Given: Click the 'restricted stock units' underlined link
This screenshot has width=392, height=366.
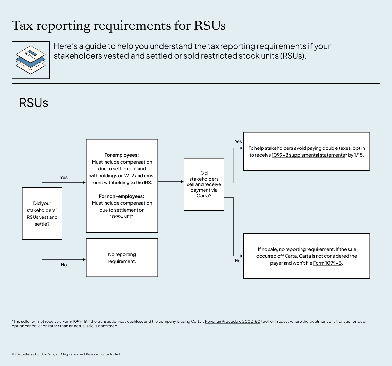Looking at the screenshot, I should click(x=239, y=56).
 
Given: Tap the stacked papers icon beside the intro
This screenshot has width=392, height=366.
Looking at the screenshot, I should click(x=31, y=60).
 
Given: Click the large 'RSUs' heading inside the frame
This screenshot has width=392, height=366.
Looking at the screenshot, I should click(x=34, y=103).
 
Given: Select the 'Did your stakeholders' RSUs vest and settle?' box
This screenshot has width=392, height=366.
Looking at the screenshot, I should click(x=42, y=214).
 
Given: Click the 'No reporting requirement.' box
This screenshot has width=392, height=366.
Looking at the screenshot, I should click(x=122, y=258).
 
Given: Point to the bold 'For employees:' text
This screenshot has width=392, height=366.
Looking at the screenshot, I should click(x=122, y=155).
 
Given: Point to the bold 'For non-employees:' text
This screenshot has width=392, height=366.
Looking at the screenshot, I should click(x=122, y=196).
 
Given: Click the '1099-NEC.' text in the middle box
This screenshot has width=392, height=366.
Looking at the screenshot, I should click(x=122, y=217).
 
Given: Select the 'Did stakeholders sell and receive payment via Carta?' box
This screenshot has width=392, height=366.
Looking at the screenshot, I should click(x=204, y=184).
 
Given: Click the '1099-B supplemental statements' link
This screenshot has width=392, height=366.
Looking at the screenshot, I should click(x=308, y=155).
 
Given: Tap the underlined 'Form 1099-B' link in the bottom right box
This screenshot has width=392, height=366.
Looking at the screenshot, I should click(x=327, y=263).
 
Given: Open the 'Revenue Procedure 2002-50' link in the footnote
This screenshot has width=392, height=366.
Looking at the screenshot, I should click(x=233, y=322).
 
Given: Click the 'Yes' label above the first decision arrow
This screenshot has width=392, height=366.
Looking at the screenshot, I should click(x=64, y=177).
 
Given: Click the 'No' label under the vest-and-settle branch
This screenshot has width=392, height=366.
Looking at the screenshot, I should click(x=64, y=265).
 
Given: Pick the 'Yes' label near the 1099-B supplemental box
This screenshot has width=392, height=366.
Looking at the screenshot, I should click(x=238, y=141).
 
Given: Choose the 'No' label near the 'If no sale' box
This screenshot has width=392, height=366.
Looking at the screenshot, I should click(x=237, y=261).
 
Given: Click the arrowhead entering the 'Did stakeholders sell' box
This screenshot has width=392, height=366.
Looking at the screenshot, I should click(x=182, y=182).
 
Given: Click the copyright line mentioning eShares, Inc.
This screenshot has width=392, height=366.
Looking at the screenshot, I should click(x=66, y=354).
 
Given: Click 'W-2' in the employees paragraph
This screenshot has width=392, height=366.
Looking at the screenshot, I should click(x=129, y=176).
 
